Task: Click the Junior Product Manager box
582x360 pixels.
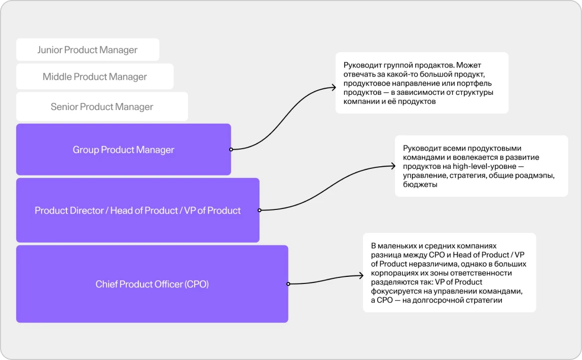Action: pyautogui.click(x=88, y=50)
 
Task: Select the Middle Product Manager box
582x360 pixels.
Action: pyautogui.click(x=95, y=77)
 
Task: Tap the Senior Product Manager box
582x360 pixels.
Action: pyautogui.click(x=102, y=106)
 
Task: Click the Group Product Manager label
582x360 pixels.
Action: pyautogui.click(x=123, y=150)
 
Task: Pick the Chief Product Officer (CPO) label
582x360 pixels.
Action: pyautogui.click(x=152, y=284)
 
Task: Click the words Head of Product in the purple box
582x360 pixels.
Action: pyautogui.click(x=144, y=210)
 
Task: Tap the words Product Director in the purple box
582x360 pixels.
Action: pyautogui.click(x=69, y=210)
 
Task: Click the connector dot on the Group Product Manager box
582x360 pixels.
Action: pyautogui.click(x=231, y=149)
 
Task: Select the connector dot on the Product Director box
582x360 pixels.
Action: pyautogui.click(x=260, y=210)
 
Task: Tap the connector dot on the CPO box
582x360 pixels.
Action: pyautogui.click(x=288, y=284)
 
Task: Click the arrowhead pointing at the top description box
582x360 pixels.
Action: pyautogui.click(x=334, y=88)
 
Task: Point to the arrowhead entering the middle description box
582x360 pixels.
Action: pyautogui.click(x=393, y=166)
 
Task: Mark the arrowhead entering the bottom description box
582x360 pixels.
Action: pyautogui.click(x=361, y=275)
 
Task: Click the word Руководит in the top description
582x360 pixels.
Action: pyautogui.click(x=362, y=65)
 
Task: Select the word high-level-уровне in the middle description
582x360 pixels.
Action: pyautogui.click(x=484, y=166)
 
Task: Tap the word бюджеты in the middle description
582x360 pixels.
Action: pyautogui.click(x=420, y=185)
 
